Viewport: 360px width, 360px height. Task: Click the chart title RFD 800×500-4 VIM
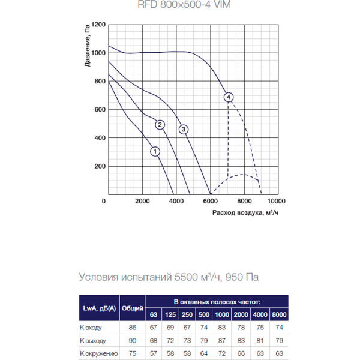(180, 6)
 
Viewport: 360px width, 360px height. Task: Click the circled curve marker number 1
(155, 151)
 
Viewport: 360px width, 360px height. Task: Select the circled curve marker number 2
(160, 125)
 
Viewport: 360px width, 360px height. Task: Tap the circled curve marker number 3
(184, 129)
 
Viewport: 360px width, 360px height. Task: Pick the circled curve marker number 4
(228, 97)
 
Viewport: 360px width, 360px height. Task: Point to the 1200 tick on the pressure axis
(98, 25)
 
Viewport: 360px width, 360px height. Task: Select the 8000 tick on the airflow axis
(244, 201)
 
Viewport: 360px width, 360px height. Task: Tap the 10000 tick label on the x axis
(277, 201)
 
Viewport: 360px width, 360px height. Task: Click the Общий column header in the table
(133, 308)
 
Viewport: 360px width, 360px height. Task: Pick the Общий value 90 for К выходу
(133, 341)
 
